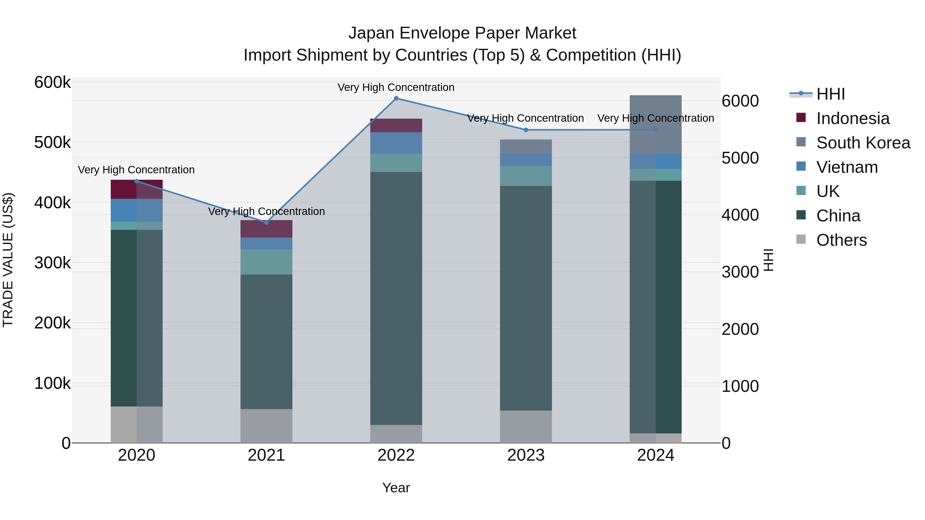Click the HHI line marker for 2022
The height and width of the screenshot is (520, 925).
(396, 98)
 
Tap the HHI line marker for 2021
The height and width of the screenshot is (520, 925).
(266, 222)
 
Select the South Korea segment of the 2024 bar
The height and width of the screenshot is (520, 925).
(656, 125)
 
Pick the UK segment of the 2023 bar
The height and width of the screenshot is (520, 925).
(526, 176)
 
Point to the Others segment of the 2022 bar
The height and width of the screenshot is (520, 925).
(396, 434)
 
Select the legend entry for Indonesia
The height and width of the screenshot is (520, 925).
(853, 118)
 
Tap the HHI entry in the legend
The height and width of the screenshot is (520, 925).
(830, 94)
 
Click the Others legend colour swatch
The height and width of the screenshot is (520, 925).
(801, 239)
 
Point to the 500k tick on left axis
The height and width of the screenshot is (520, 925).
(52, 143)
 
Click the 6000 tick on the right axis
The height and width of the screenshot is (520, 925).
(740, 101)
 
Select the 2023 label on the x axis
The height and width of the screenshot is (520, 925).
(526, 455)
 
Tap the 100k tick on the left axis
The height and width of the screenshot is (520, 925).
(52, 383)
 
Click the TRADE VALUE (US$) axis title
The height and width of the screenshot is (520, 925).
(8, 260)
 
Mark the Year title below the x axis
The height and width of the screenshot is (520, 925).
(396, 488)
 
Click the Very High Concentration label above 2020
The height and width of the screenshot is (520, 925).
(136, 170)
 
